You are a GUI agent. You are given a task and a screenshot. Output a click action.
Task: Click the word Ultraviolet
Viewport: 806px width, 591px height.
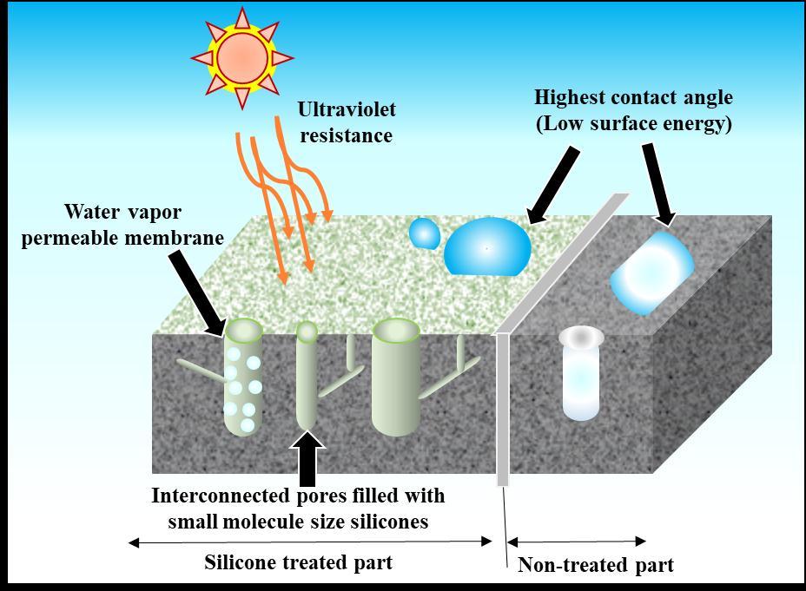click(x=347, y=109)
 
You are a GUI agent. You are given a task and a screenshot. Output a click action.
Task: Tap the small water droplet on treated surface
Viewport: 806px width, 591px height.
click(x=425, y=233)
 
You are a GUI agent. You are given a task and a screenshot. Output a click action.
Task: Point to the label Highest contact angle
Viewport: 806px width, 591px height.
click(x=633, y=97)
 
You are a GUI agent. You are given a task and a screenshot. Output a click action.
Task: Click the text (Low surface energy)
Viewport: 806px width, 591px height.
click(x=633, y=123)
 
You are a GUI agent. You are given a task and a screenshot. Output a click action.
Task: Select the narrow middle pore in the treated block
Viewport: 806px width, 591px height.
click(x=307, y=378)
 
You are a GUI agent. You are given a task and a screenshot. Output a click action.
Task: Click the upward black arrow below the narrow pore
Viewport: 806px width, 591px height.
click(x=308, y=457)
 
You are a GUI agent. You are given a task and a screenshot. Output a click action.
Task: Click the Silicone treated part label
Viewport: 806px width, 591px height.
click(x=298, y=562)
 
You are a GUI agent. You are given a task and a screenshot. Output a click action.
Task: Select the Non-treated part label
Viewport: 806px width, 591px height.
click(x=595, y=566)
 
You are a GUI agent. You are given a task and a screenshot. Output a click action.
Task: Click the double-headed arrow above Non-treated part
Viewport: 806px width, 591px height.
click(x=576, y=542)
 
